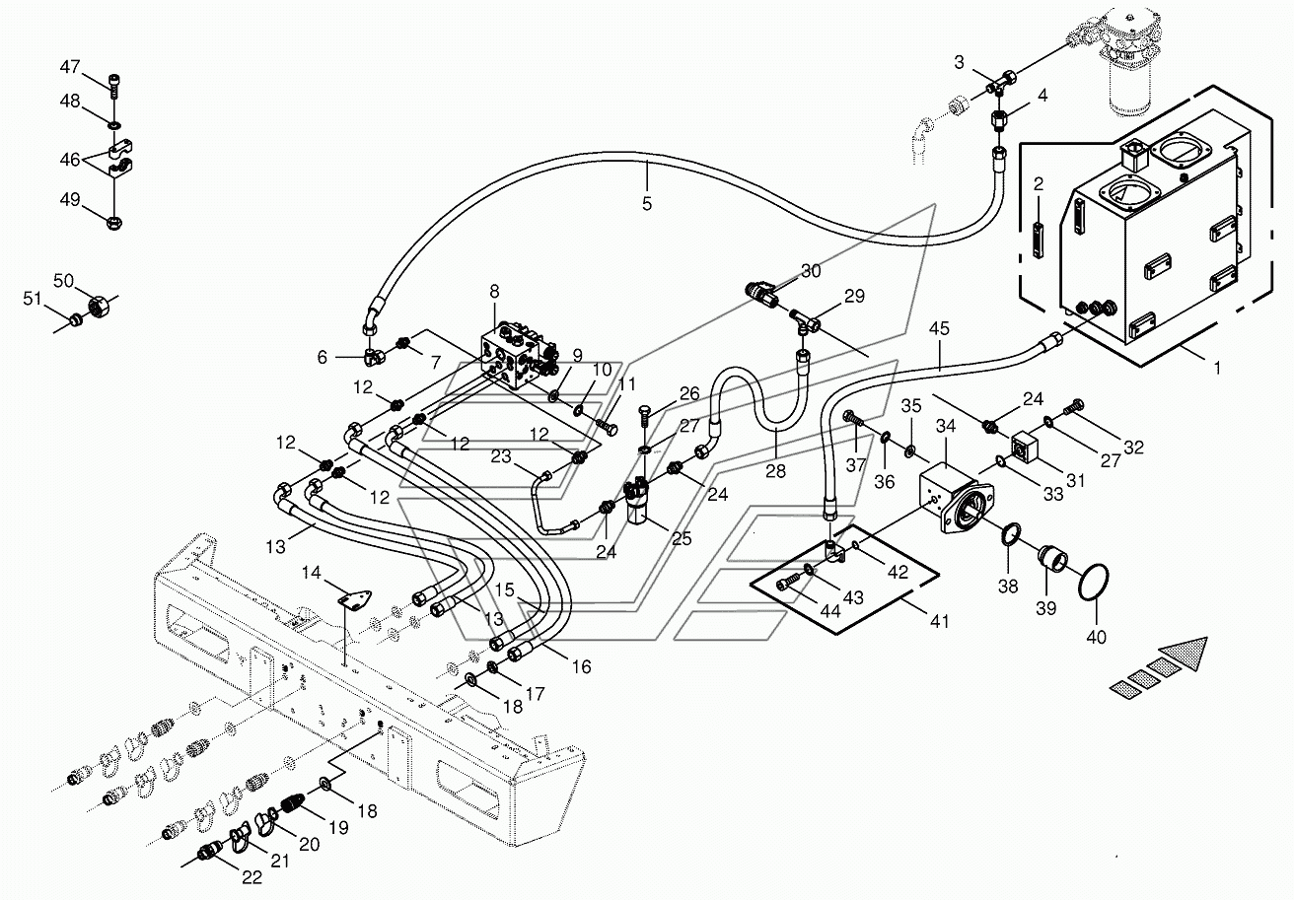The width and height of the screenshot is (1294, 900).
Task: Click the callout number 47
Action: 70,68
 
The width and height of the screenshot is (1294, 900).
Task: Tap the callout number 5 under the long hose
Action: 646,203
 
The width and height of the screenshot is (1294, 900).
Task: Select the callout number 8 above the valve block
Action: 494,292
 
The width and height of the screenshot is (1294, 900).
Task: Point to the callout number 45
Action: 939,328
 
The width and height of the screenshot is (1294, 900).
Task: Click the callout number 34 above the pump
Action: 946,426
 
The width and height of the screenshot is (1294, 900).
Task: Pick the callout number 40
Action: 1096,637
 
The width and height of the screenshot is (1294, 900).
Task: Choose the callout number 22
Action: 252,877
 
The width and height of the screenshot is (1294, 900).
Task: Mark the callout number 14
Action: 311,573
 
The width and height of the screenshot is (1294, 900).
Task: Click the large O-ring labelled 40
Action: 1094,585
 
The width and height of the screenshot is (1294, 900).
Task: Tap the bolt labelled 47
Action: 114,86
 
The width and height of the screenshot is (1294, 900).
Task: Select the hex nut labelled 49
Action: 114,221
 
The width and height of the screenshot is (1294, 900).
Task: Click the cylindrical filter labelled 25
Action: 639,505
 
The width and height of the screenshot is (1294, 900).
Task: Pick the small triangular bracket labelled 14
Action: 353,597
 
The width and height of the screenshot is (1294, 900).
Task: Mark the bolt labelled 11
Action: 606,428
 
